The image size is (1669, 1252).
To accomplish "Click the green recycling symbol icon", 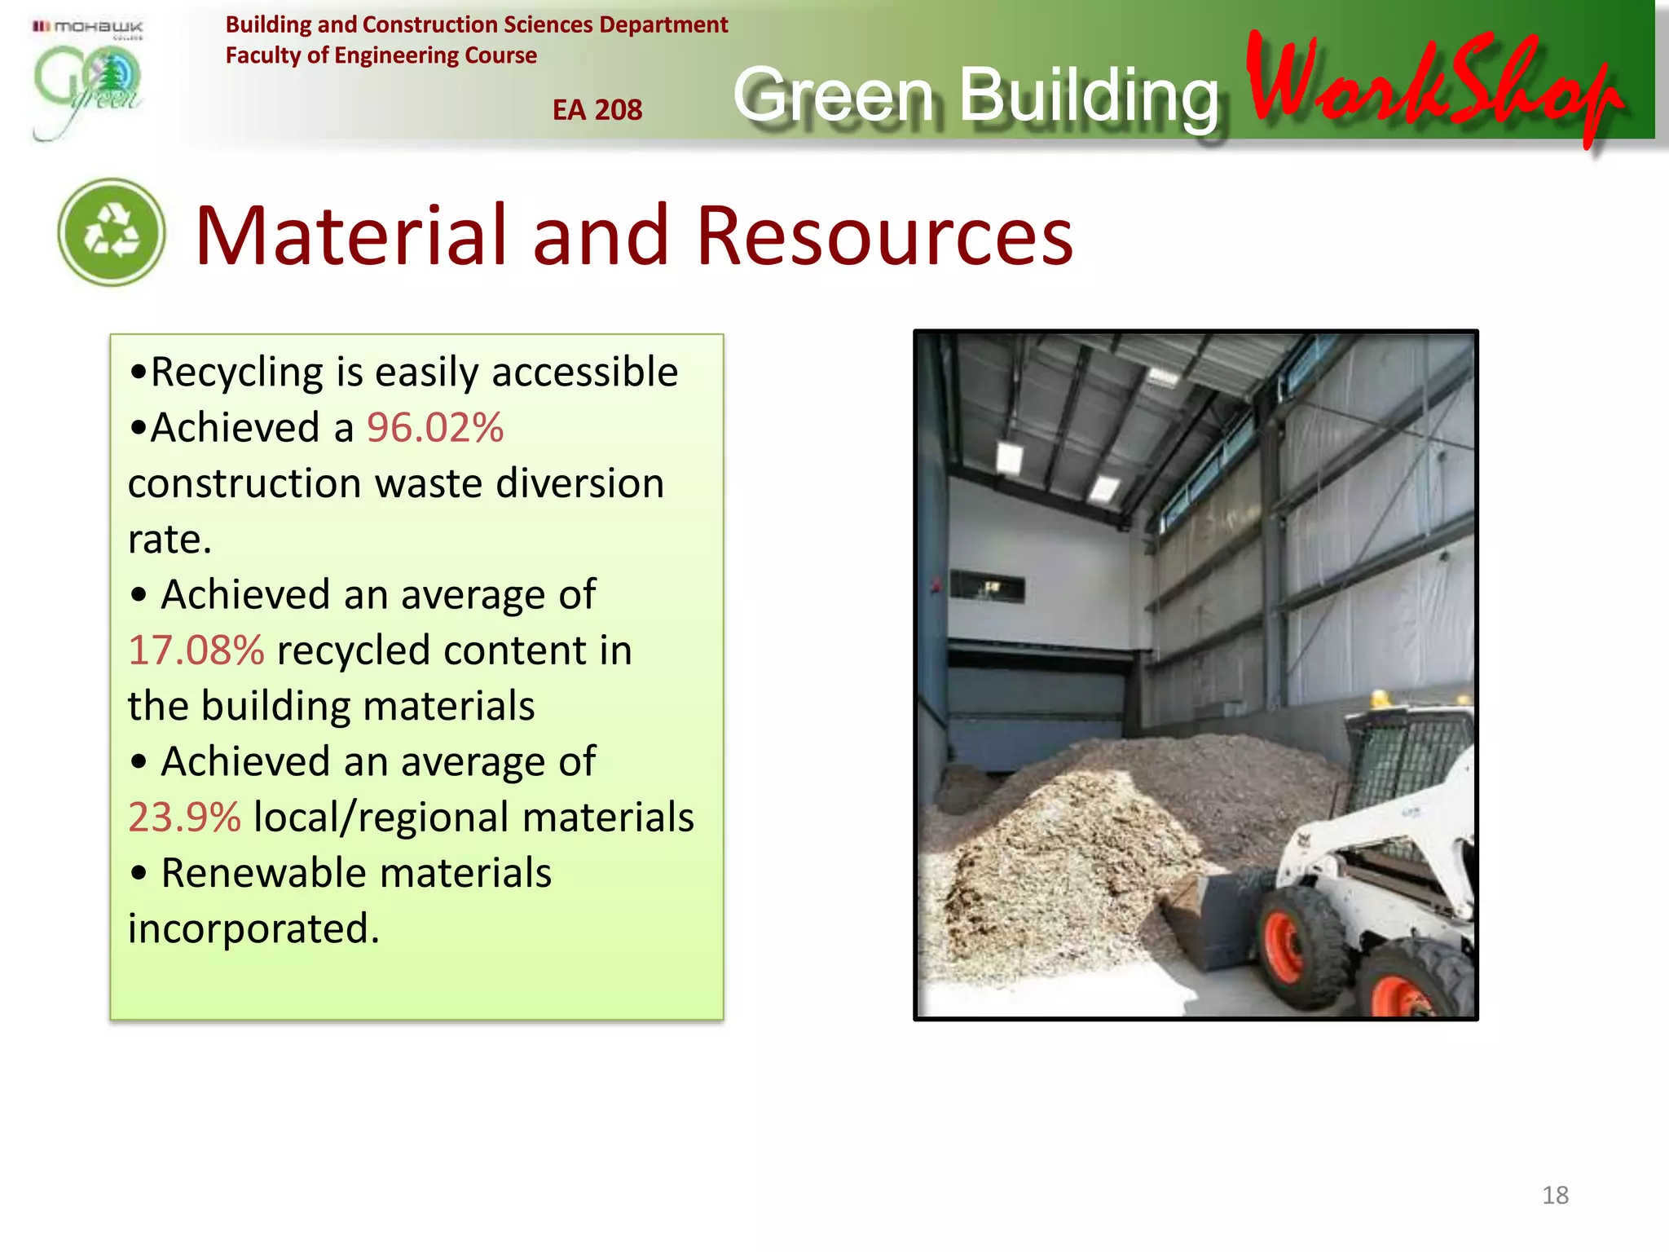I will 112,232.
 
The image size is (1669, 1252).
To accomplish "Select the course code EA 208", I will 597,110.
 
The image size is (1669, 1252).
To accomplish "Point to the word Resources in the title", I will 885,236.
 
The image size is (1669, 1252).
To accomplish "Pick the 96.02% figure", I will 435,428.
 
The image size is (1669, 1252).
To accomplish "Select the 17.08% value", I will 196,650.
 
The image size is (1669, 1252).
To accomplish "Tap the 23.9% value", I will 185,818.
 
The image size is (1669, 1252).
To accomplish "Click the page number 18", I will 1555,1195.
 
